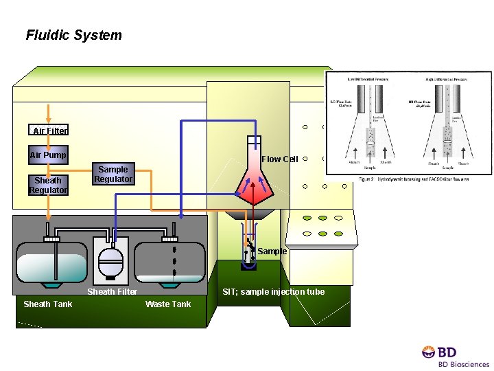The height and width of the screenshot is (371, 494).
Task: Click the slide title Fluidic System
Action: pos(73,35)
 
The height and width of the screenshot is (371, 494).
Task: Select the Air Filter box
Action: pos(49,131)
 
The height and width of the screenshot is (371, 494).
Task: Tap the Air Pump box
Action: pos(48,155)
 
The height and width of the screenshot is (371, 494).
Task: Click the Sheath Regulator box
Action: pos(48,185)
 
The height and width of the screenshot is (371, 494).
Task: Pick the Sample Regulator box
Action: pos(113,175)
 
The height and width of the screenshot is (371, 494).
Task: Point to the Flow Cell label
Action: pos(280,159)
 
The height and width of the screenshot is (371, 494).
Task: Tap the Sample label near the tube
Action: pos(272,251)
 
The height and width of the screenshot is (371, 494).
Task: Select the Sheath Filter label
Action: pos(112,292)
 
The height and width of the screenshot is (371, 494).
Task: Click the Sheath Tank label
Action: pos(47,304)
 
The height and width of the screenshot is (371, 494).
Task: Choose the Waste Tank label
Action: pos(168,304)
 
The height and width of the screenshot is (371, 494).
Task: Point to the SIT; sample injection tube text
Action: pos(274,292)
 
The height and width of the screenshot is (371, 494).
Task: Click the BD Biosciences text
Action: pos(464,364)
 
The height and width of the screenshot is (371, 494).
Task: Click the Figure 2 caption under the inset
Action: pos(408,179)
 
